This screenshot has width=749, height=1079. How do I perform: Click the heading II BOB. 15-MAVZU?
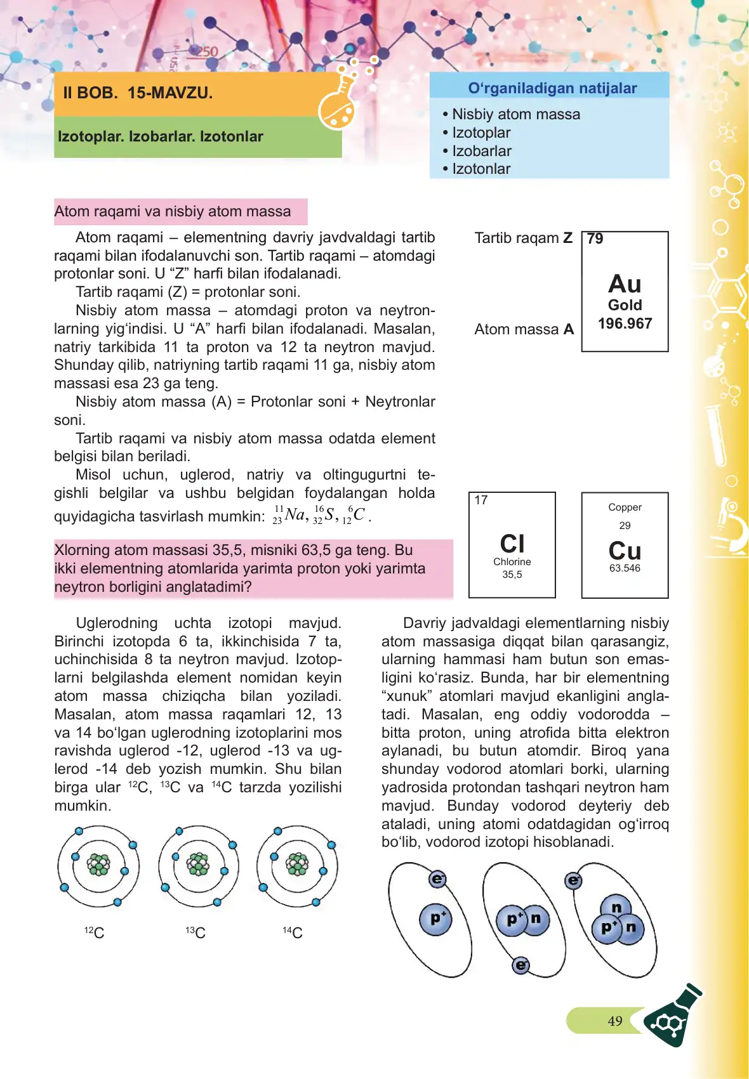coord(138,93)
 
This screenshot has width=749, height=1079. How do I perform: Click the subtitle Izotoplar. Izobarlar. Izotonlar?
coord(161,136)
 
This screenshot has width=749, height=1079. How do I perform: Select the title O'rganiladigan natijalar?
coord(552,88)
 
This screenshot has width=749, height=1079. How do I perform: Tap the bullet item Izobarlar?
coord(481,151)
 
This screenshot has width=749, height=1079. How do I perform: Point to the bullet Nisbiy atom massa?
coord(515,114)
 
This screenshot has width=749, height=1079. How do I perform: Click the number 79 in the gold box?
coord(595,239)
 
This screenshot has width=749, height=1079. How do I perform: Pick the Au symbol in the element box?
coord(625,284)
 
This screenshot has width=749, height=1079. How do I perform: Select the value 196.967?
coord(625,324)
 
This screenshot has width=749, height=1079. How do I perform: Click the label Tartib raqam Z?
coord(523,238)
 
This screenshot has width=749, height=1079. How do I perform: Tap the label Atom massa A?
coord(524,329)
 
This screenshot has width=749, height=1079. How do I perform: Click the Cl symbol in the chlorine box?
coord(512,544)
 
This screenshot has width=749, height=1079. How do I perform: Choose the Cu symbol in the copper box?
coord(625,550)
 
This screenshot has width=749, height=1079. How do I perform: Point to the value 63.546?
coord(625,568)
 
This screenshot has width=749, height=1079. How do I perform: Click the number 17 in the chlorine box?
coord(481,500)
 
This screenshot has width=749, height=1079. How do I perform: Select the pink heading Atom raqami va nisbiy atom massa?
coord(173,211)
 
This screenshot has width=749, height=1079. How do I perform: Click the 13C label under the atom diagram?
coord(196,932)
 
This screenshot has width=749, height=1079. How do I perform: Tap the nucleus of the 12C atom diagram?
coord(98,865)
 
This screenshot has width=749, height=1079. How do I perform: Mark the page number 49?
coord(614,1021)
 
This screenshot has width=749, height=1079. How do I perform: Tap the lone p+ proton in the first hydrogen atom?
coord(437,919)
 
